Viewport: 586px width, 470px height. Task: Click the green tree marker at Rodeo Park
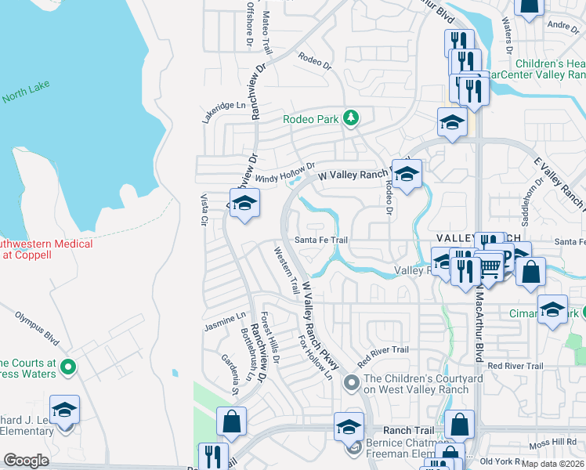[x=352, y=119]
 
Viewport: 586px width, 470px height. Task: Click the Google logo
[x=26, y=461]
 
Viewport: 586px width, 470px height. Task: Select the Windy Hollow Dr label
[x=284, y=172]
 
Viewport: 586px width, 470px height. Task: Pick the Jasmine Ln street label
[x=225, y=320]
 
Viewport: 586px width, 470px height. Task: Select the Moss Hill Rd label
[x=552, y=444]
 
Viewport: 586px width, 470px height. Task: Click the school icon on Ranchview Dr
[x=244, y=204]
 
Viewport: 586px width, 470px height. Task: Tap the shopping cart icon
[x=489, y=269]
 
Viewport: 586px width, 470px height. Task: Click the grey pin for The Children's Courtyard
[x=351, y=381]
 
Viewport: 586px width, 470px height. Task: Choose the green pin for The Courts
[x=68, y=366]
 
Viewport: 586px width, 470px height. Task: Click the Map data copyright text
[x=554, y=464]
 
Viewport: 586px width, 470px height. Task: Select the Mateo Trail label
[x=266, y=31]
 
